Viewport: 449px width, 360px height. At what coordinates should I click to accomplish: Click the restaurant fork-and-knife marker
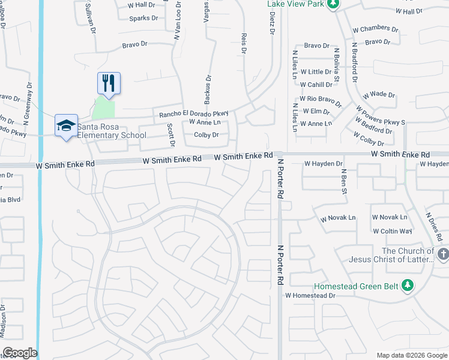click(109, 83)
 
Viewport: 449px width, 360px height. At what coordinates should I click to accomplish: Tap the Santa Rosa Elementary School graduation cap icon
click(66, 125)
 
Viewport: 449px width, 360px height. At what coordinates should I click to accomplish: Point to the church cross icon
click(443, 254)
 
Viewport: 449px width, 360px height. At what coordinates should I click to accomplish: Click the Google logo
click(20, 353)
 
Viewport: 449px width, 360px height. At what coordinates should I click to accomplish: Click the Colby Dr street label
click(206, 135)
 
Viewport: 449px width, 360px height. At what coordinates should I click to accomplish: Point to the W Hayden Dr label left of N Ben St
click(323, 163)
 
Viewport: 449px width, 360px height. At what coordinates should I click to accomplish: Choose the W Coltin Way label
click(392, 231)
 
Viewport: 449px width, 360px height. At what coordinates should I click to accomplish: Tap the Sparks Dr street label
click(143, 19)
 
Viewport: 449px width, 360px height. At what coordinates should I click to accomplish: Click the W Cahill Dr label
click(316, 85)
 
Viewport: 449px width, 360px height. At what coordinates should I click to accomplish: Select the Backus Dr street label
click(209, 88)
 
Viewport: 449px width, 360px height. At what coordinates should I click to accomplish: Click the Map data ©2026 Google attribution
click(412, 355)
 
